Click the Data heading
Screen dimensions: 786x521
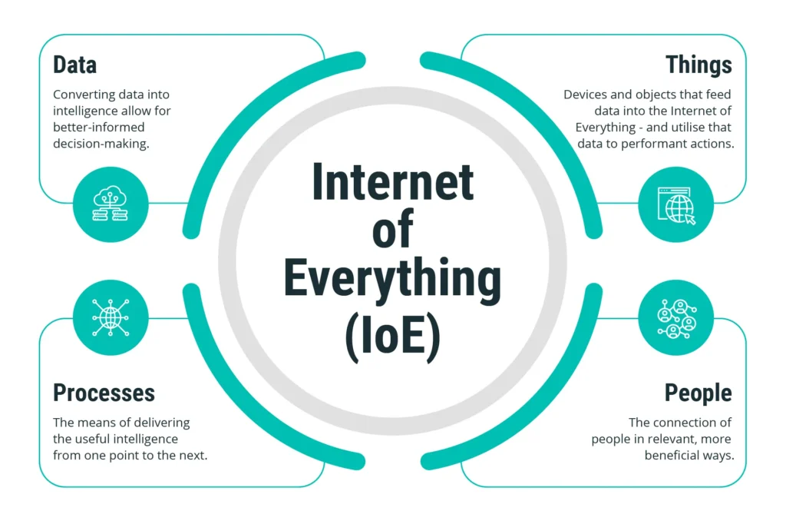pyautogui.click(x=74, y=65)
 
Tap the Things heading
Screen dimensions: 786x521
pyautogui.click(x=698, y=65)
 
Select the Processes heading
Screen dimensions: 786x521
pyautogui.click(x=104, y=393)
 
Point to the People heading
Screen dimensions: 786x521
pyautogui.click(x=698, y=393)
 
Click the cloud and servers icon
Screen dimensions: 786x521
pyautogui.click(x=111, y=204)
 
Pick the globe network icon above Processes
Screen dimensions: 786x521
pyautogui.click(x=111, y=317)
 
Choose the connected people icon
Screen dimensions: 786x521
pyautogui.click(x=677, y=318)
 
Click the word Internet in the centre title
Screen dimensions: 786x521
pyautogui.click(x=392, y=181)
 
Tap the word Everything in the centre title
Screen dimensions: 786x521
pyautogui.click(x=392, y=279)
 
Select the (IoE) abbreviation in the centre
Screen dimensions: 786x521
pyautogui.click(x=392, y=337)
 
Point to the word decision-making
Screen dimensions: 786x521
pyautogui.click(x=101, y=144)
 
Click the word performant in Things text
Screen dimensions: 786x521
pyautogui.click(x=656, y=144)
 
